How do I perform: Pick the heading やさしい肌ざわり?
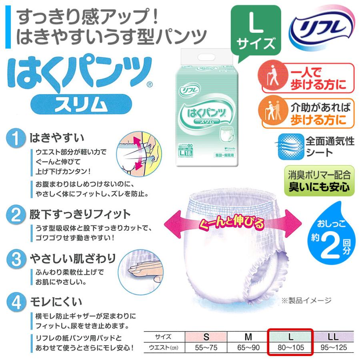[x=73, y=258]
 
